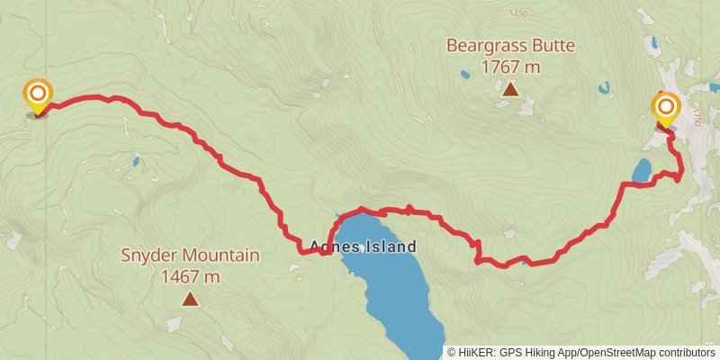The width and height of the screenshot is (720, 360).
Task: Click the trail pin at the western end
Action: (38, 95)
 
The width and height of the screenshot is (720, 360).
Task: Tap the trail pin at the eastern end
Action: (666, 111)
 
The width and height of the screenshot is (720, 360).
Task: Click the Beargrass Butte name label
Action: (510, 45)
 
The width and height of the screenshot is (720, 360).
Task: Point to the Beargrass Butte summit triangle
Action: (510, 89)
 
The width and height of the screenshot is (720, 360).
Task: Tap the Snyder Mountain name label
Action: (190, 256)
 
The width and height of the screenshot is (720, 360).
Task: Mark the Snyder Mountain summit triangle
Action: (190, 298)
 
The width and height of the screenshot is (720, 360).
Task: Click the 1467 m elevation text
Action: (190, 276)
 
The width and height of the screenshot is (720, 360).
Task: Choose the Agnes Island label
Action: (363, 246)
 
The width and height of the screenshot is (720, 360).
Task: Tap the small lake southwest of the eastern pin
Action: (642, 169)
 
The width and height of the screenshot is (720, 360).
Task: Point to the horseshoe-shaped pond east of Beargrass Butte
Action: (604, 88)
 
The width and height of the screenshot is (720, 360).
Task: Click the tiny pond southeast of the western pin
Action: (136, 162)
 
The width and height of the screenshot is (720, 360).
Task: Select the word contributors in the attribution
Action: (687, 352)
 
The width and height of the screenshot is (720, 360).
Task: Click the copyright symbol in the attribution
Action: (452, 352)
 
